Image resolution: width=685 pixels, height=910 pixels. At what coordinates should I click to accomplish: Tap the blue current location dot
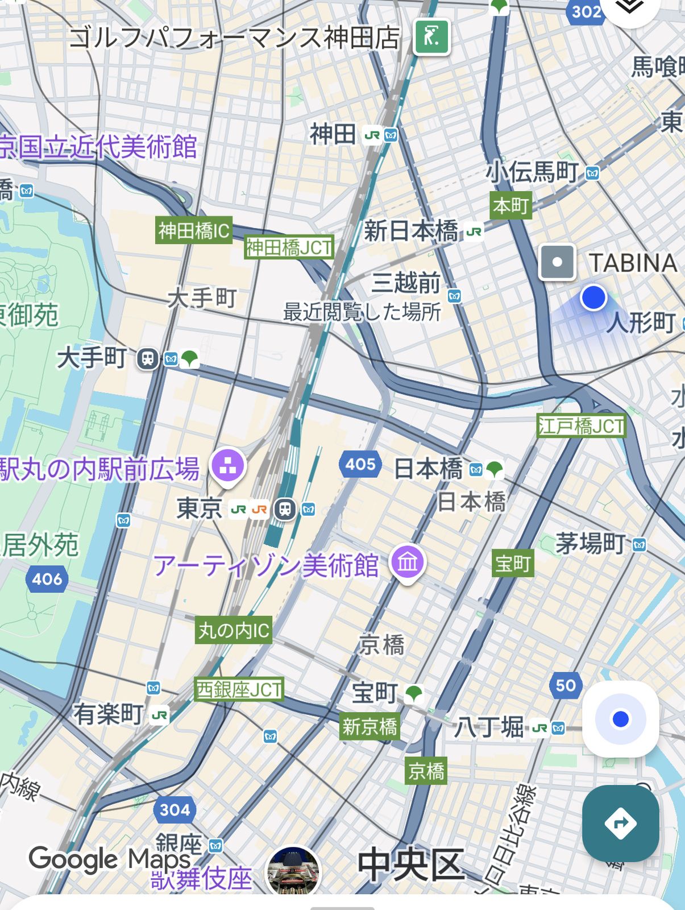coord(593,297)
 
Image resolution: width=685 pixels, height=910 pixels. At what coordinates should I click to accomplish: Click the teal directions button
coord(620,823)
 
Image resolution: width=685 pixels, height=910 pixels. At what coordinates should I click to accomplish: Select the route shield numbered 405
coord(360,464)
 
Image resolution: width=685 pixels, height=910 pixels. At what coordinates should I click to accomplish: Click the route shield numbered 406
coord(47,579)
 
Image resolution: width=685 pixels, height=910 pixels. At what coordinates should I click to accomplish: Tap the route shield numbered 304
coord(175,809)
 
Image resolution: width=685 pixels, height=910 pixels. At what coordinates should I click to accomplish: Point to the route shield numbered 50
coord(566,685)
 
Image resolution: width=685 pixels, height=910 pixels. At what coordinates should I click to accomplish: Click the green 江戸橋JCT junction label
coord(581,426)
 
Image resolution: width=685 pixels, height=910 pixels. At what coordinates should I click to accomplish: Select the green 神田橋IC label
coord(194,230)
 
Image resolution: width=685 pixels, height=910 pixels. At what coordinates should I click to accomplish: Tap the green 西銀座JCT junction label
coord(239,689)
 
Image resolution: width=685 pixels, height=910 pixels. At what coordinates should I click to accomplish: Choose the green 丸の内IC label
coord(233,630)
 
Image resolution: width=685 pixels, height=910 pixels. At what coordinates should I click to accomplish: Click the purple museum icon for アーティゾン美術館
coord(408,562)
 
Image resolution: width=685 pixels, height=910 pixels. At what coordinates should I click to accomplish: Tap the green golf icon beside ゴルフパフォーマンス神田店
coord(432,38)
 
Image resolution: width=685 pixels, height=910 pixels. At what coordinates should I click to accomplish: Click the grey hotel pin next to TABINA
coord(557,262)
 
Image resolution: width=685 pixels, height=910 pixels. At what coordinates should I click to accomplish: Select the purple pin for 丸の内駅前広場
coord(228,467)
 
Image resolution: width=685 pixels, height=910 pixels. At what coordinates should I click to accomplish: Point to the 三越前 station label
coord(406,283)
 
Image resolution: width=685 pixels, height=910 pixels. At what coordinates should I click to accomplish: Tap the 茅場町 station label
coord(590,543)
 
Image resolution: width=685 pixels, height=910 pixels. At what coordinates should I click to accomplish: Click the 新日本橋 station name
coord(410,231)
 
